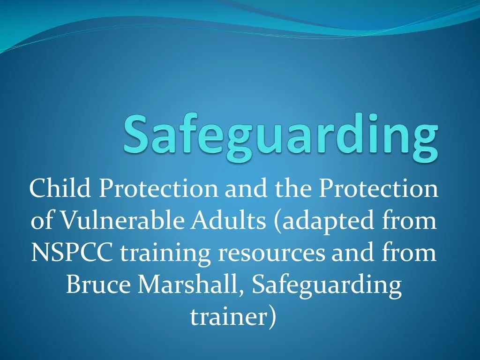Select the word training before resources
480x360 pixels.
(166, 253)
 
